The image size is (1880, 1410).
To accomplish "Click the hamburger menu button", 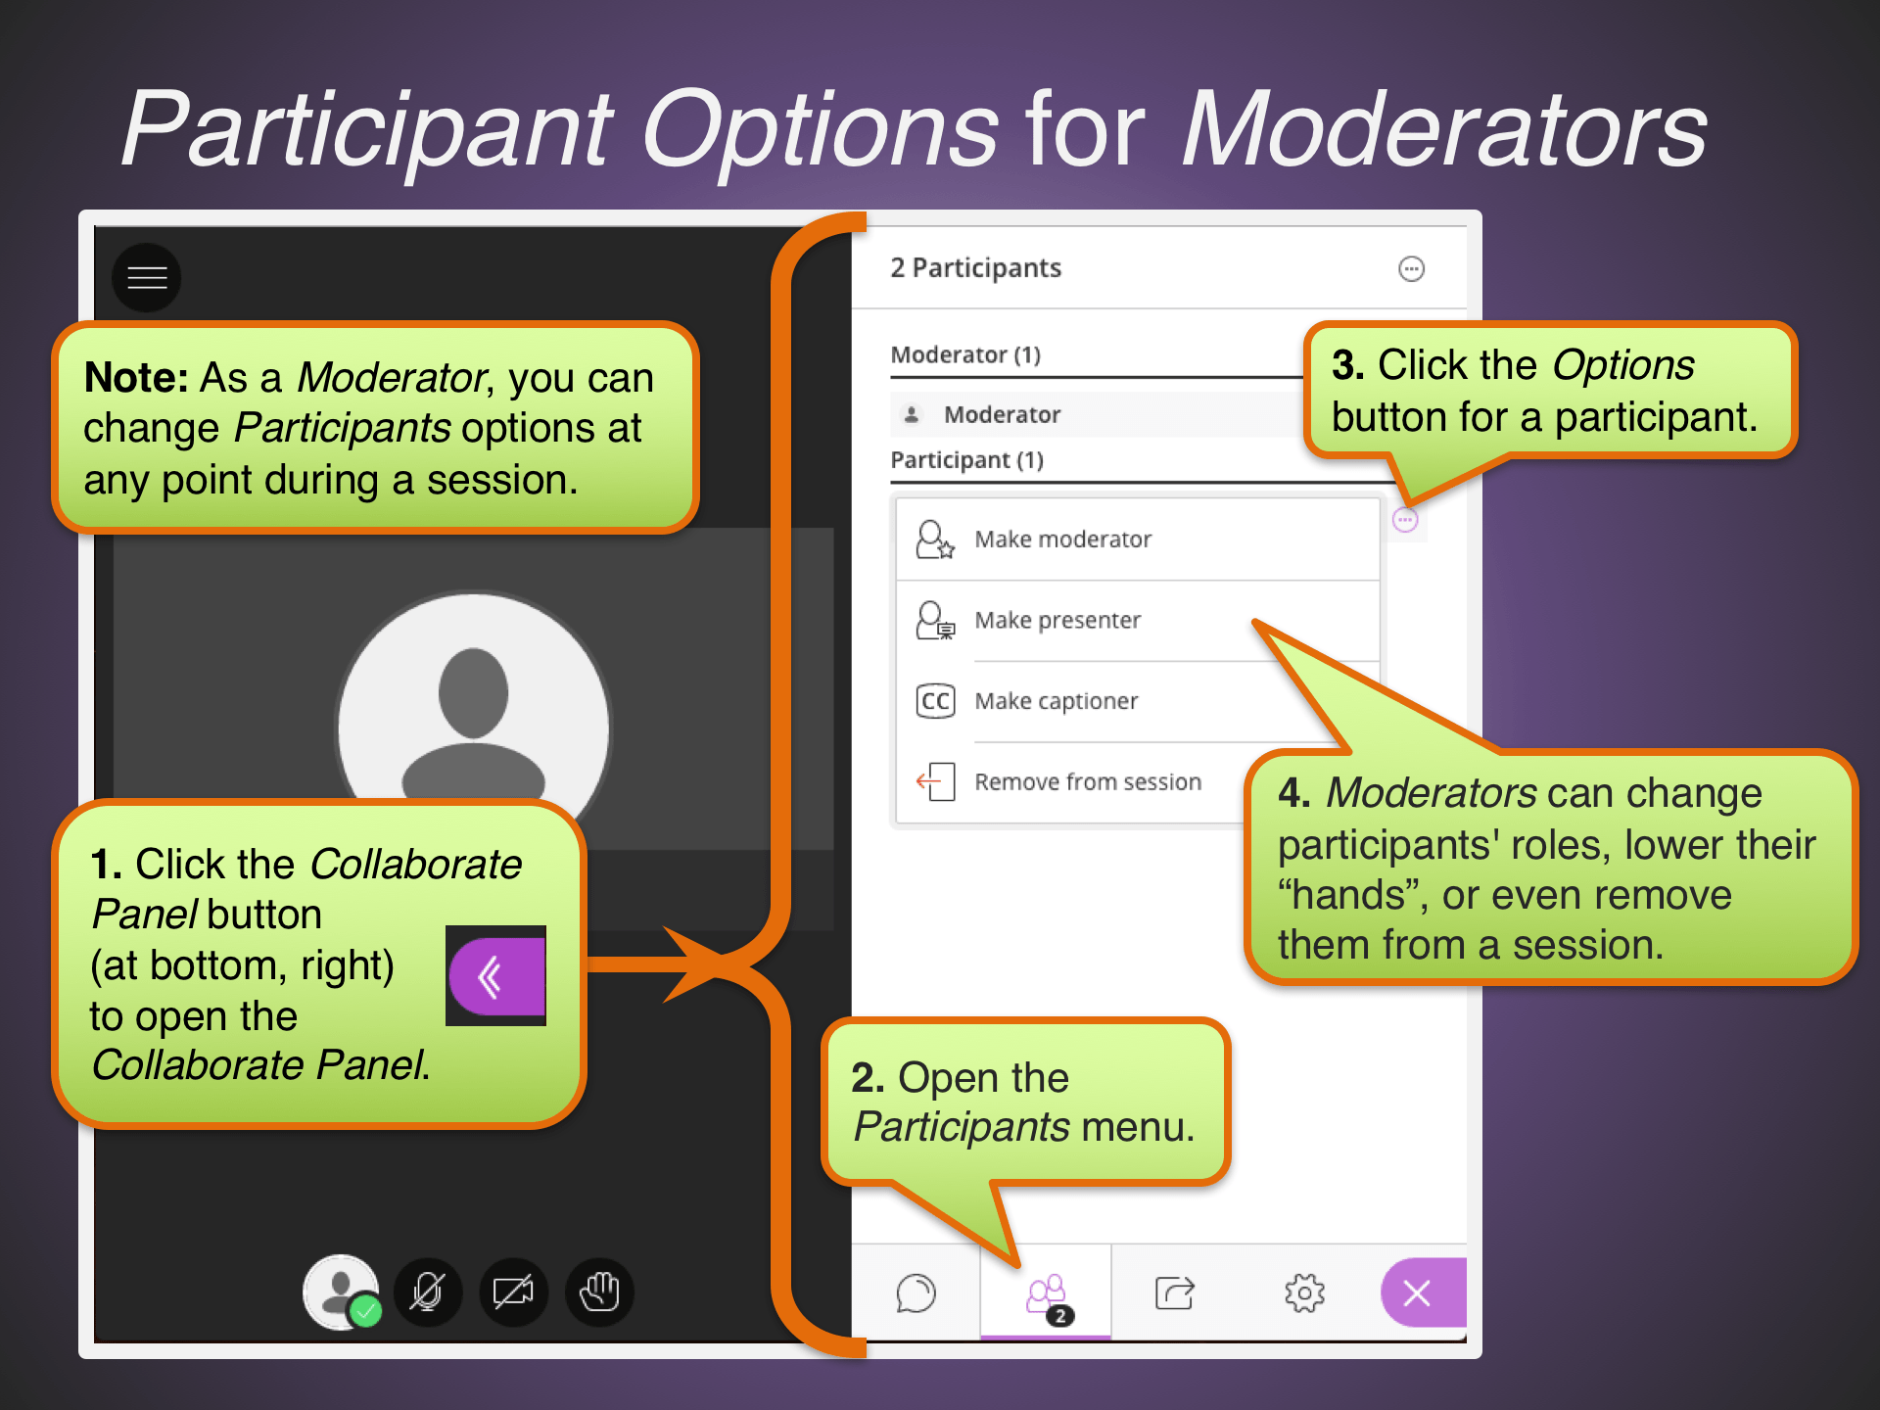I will (147, 278).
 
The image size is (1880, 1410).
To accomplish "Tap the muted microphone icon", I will (427, 1292).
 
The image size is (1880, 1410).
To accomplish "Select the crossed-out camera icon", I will (513, 1292).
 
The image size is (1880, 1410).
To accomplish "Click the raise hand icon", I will (599, 1292).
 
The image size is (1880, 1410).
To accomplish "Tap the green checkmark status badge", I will (366, 1310).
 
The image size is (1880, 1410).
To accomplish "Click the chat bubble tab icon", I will (916, 1292).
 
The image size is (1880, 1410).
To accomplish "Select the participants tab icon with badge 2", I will (1047, 1294).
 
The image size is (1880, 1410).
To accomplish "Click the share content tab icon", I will (1174, 1292).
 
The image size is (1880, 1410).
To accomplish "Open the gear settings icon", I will (1304, 1292).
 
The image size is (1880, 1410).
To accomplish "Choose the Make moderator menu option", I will (1062, 540).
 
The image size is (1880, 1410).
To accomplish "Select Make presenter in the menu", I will (1057, 621).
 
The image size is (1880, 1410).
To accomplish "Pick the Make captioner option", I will (1056, 701).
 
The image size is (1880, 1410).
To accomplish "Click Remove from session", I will (1087, 782).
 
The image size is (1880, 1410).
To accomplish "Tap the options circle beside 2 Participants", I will (1411, 268).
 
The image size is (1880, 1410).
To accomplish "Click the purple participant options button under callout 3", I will (1405, 521).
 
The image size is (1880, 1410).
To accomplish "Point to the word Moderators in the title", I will (1444, 130).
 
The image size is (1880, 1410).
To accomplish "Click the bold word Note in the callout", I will (135, 377).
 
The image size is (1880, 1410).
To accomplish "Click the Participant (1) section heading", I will (966, 460).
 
